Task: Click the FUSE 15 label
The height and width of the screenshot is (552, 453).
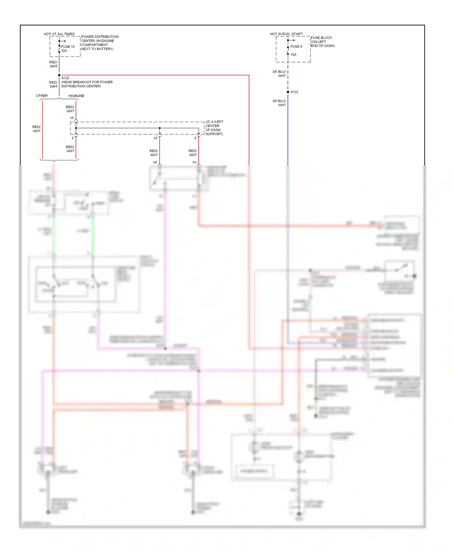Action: click(x=68, y=47)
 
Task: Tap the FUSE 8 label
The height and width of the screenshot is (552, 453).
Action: click(x=296, y=47)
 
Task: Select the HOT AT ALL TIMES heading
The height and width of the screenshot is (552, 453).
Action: click(x=59, y=34)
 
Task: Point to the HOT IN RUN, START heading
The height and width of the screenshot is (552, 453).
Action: click(x=286, y=34)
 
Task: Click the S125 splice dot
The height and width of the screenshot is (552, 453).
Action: click(x=59, y=75)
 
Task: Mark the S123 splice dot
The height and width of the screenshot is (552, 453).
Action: click(x=288, y=92)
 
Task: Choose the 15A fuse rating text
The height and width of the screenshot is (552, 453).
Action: click(x=293, y=55)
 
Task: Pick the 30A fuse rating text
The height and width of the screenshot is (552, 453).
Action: click(x=64, y=51)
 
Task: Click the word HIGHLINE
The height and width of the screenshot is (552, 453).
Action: click(x=76, y=96)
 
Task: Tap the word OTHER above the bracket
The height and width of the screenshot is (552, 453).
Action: click(x=42, y=96)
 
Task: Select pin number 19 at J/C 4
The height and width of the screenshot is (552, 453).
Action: click(x=72, y=118)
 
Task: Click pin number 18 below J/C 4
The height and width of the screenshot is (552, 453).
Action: click(x=155, y=138)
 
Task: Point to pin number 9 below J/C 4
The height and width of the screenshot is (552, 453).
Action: click(x=195, y=138)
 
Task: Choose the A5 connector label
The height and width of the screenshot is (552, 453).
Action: click(x=155, y=162)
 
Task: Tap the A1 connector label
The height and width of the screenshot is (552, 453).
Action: click(x=194, y=162)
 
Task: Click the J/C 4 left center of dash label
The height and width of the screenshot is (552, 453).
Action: click(x=214, y=128)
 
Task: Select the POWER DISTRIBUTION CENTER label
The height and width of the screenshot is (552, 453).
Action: click(x=99, y=43)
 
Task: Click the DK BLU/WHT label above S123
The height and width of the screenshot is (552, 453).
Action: click(x=279, y=74)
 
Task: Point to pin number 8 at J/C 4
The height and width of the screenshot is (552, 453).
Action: click(x=72, y=138)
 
